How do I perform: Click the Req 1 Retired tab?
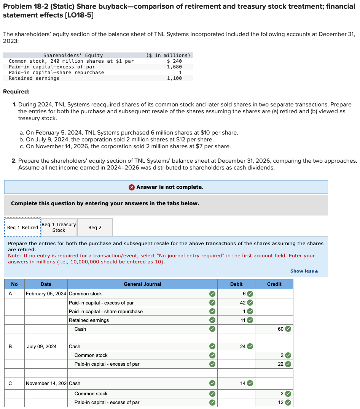(22, 227)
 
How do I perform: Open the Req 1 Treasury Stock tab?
(59, 227)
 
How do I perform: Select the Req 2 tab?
(95, 227)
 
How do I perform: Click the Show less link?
(304, 271)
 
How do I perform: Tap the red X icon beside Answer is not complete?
(131, 187)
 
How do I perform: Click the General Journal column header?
(142, 284)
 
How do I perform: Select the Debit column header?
(236, 284)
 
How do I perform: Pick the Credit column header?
(274, 284)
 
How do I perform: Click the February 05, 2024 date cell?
(46, 293)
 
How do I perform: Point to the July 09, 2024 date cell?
(42, 346)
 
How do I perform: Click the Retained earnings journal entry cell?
(89, 320)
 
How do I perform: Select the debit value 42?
(242, 303)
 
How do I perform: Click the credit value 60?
(280, 329)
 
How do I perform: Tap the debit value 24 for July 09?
(242, 346)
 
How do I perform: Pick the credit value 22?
(280, 364)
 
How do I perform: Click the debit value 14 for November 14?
(242, 384)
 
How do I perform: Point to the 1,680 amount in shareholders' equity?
(174, 67)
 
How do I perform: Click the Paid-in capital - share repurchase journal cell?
(105, 311)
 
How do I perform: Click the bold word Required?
(16, 92)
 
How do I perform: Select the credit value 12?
(280, 402)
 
